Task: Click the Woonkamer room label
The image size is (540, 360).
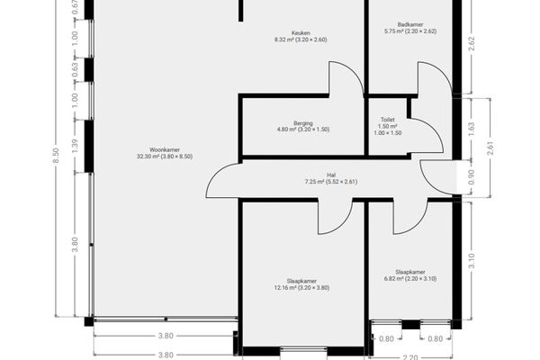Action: point(165,150)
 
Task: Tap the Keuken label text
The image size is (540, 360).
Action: point(301,33)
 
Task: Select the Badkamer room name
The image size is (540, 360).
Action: point(410,25)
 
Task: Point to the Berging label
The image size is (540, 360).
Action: point(303,123)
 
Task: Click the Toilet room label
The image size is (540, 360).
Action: point(388,120)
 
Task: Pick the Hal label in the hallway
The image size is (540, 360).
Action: point(331,175)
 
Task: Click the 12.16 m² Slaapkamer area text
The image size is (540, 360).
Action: point(301,288)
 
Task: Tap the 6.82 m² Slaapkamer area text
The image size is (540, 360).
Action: point(410,279)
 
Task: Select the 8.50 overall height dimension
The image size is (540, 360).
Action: point(56,157)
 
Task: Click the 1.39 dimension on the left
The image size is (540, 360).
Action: point(75,146)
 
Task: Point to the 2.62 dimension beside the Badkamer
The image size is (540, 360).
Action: point(472,44)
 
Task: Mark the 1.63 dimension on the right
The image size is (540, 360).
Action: point(472,129)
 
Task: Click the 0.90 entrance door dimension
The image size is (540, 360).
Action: point(472,177)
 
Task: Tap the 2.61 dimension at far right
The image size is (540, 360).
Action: point(490,148)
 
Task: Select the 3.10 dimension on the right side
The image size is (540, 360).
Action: point(472,261)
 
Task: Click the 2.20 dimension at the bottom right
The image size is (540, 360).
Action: point(410,357)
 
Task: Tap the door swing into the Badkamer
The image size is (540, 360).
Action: point(442,71)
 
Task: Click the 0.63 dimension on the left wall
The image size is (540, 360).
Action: point(75,70)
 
